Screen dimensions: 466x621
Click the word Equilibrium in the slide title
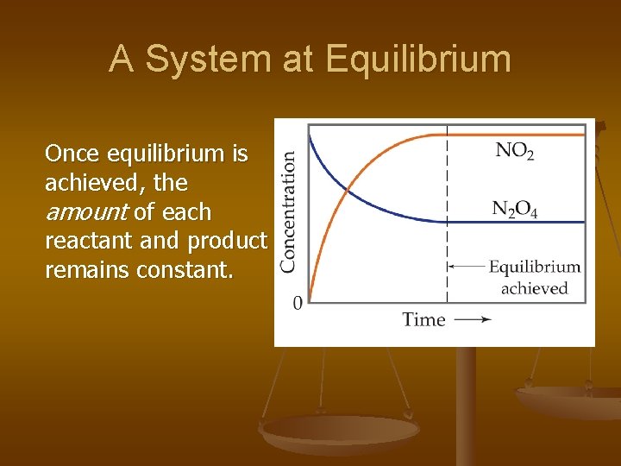pos(418,60)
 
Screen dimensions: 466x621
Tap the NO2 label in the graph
pos(515,151)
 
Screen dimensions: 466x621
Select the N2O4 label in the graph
pos(515,209)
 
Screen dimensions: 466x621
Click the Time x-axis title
pos(423,319)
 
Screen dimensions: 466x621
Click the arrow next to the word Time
pos(473,319)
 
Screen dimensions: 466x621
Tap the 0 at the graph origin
pos(298,303)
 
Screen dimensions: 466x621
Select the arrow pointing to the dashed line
pos(466,267)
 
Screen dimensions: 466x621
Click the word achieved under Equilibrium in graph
pos(534,288)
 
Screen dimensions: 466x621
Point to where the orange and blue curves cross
pos(348,190)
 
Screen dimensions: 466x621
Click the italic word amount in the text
pos(85,212)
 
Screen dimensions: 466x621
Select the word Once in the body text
pos(73,154)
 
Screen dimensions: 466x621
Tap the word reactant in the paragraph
pos(81,241)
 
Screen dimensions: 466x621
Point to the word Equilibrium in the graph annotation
pos(534,267)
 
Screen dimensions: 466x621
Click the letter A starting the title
pos(122,59)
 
